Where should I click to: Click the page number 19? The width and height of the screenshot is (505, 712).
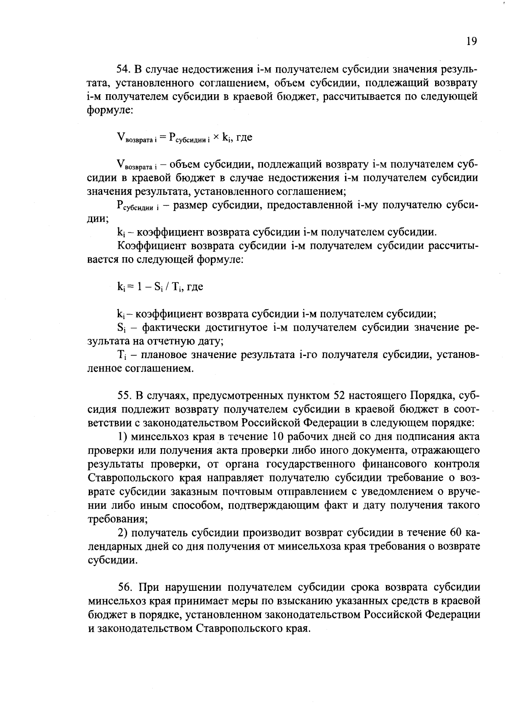471,41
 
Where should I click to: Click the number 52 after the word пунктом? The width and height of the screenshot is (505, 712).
340,396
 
